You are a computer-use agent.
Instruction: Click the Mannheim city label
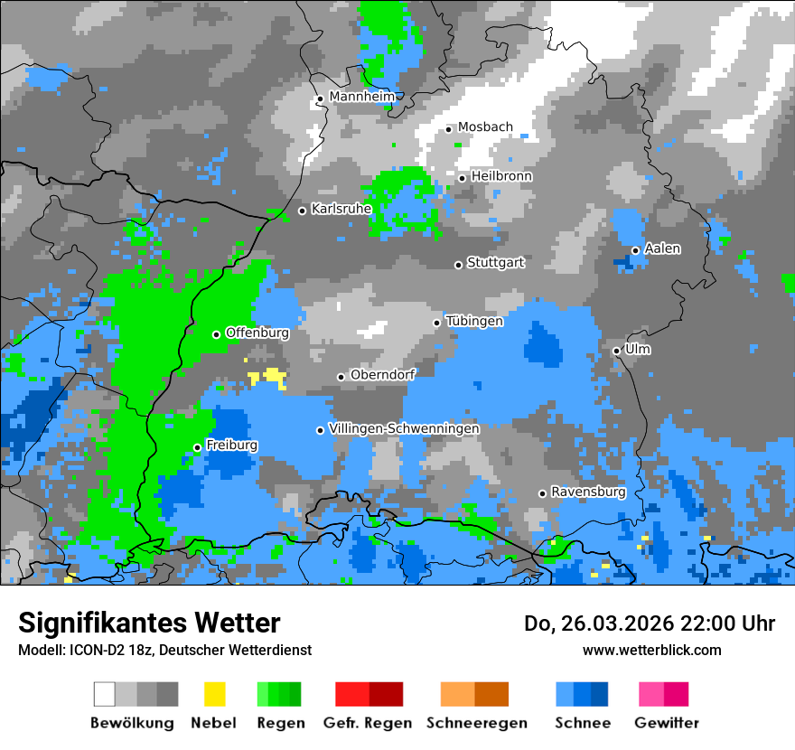(x=362, y=97)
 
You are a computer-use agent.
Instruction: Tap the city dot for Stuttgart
(x=458, y=265)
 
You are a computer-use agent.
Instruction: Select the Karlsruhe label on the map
(x=341, y=209)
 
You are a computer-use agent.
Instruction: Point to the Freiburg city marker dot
(x=197, y=447)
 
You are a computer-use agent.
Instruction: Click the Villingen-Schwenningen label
(x=404, y=428)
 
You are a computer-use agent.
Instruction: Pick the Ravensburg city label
(x=588, y=492)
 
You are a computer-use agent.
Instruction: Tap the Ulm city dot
(x=616, y=351)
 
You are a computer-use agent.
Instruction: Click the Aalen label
(x=662, y=248)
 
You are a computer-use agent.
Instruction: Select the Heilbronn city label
(x=501, y=176)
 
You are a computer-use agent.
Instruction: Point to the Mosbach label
(x=485, y=127)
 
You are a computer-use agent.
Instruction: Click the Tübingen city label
(x=474, y=321)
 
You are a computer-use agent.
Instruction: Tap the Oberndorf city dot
(x=341, y=377)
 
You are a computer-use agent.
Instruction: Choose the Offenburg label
(x=257, y=333)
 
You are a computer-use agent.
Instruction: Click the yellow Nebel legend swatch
(x=215, y=694)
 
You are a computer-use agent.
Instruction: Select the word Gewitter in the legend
(x=667, y=723)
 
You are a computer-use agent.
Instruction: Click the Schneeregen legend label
(x=477, y=723)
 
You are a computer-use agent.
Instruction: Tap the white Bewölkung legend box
(x=105, y=694)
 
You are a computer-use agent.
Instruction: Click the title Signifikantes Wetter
(x=149, y=623)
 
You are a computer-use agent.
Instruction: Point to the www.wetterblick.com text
(x=652, y=650)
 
